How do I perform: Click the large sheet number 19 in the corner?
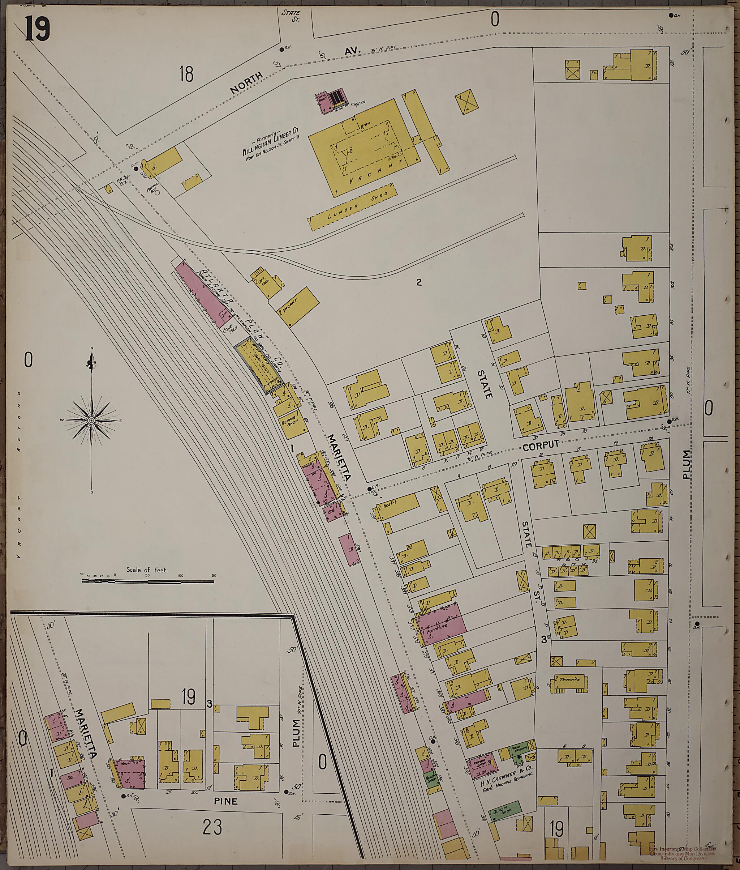[x=38, y=28]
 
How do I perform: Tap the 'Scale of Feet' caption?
[x=147, y=570]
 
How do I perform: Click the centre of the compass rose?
[x=91, y=420]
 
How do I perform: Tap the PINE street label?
[x=226, y=801]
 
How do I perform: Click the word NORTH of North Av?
[x=247, y=83]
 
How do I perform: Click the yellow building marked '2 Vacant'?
[x=297, y=307]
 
